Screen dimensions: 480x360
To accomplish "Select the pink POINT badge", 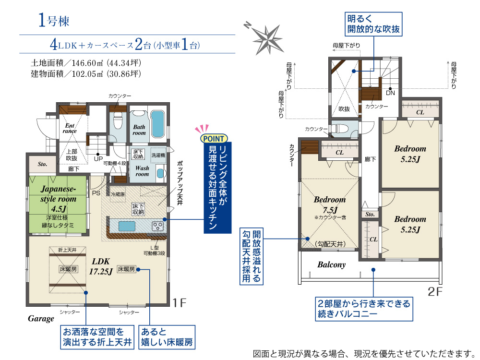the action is click(x=214, y=139).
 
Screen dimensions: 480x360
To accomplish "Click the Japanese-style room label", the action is click(x=58, y=194).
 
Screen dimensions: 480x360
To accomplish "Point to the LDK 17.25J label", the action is click(x=101, y=266).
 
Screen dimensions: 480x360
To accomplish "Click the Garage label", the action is click(x=41, y=319).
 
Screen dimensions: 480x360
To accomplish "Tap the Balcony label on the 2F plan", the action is click(x=332, y=264).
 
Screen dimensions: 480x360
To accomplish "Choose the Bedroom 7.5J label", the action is click(x=330, y=204).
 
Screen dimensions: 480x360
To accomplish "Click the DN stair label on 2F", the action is click(x=390, y=93).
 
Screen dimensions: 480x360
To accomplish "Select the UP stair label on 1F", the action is click(x=98, y=159).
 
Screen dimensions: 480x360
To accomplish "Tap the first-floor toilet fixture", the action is click(x=118, y=122).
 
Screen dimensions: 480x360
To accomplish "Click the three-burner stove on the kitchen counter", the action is click(x=158, y=226).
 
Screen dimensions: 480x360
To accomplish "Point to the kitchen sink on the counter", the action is click(x=127, y=226).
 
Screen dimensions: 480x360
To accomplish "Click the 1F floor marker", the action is click(x=180, y=303).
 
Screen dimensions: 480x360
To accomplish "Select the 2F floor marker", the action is click(x=435, y=292).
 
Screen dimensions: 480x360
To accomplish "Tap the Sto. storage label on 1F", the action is click(x=43, y=164).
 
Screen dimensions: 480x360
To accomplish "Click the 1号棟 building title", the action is click(x=54, y=20).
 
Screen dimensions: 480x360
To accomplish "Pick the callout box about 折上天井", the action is click(x=97, y=337).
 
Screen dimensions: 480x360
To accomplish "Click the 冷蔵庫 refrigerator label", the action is click(x=118, y=194).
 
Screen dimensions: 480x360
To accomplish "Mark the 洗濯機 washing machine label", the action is click(x=158, y=155).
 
